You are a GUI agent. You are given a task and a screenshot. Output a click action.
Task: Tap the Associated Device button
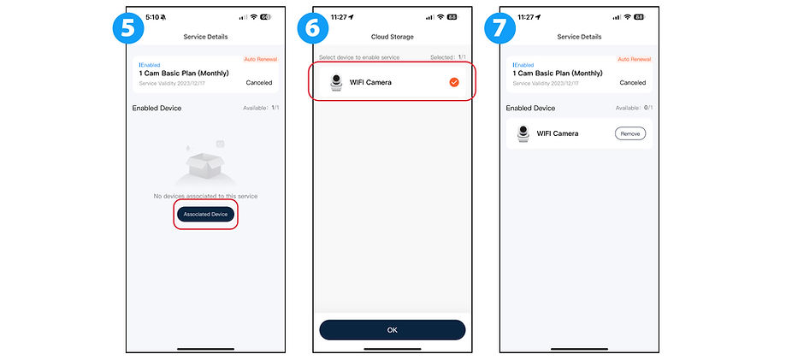click(x=205, y=214)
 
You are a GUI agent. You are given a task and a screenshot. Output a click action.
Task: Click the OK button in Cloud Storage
click(x=392, y=329)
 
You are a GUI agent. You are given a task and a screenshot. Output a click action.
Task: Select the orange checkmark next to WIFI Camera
click(x=454, y=82)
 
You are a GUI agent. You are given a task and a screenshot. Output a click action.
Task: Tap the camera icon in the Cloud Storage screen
click(x=336, y=82)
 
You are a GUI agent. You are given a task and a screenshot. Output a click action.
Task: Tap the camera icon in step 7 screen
click(x=523, y=133)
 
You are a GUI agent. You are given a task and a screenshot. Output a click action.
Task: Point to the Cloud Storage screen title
click(x=392, y=37)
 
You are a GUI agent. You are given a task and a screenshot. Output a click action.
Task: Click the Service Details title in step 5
click(x=205, y=37)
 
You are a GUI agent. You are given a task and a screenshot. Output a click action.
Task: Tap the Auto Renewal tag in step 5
click(x=261, y=59)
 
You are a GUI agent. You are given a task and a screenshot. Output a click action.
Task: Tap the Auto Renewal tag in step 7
click(x=635, y=59)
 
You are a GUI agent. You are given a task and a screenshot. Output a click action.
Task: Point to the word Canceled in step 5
click(x=259, y=83)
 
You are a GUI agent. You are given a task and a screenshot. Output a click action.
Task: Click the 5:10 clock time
click(x=152, y=16)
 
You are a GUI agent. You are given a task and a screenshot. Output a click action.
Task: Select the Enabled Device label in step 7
click(x=530, y=109)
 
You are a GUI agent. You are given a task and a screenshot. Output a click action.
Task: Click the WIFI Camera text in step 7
click(x=558, y=133)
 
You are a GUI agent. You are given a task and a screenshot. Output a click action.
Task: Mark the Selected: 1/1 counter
click(x=448, y=57)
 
